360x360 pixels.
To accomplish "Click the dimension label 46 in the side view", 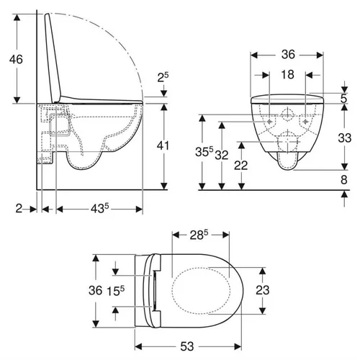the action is tap(16, 59).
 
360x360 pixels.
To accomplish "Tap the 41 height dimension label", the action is tap(163, 145).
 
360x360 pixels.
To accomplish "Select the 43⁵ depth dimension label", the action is tap(100, 208).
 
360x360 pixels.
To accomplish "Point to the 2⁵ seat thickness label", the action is tap(163, 77).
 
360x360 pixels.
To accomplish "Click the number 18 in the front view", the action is tap(287, 74).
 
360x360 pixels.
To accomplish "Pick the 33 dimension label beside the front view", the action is tap(345, 138).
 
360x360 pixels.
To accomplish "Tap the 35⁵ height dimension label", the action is tap(204, 151).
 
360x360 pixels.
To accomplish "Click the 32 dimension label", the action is tap(221, 155).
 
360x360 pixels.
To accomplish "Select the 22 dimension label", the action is tap(240, 166).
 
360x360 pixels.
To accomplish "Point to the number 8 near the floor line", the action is tap(344, 179).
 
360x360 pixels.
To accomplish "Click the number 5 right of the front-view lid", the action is tap(344, 99).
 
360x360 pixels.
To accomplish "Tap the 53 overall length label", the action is tap(187, 346).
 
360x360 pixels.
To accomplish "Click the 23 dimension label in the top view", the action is tap(263, 290).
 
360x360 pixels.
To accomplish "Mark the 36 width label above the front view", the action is tap(288, 54).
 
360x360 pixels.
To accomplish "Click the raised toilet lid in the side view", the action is tap(53, 58).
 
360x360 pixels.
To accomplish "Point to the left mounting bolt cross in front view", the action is tap(269, 122).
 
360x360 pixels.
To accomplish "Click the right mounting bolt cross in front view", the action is tap(306, 122).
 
